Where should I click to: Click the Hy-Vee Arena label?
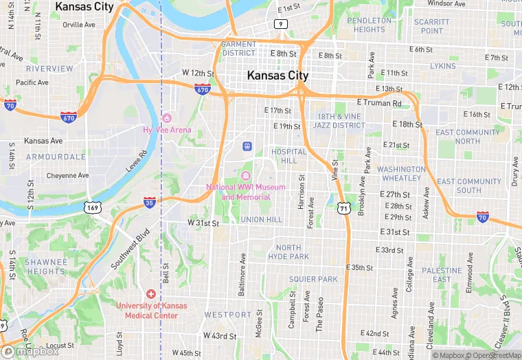[x=167, y=130]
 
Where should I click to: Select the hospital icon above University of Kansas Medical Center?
[x=150, y=293]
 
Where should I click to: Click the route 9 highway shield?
[x=280, y=23]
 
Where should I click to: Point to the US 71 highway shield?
[x=342, y=207]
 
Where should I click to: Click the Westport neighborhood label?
[x=228, y=315]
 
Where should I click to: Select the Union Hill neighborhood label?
[x=261, y=219]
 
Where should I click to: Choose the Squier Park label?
[x=313, y=279]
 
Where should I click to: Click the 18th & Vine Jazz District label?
[x=339, y=121]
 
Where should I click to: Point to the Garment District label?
[x=238, y=48]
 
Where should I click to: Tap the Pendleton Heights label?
[x=370, y=25]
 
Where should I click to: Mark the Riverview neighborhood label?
[x=49, y=69]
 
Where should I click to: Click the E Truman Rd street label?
[x=378, y=102]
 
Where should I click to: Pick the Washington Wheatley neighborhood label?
[x=401, y=173]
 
